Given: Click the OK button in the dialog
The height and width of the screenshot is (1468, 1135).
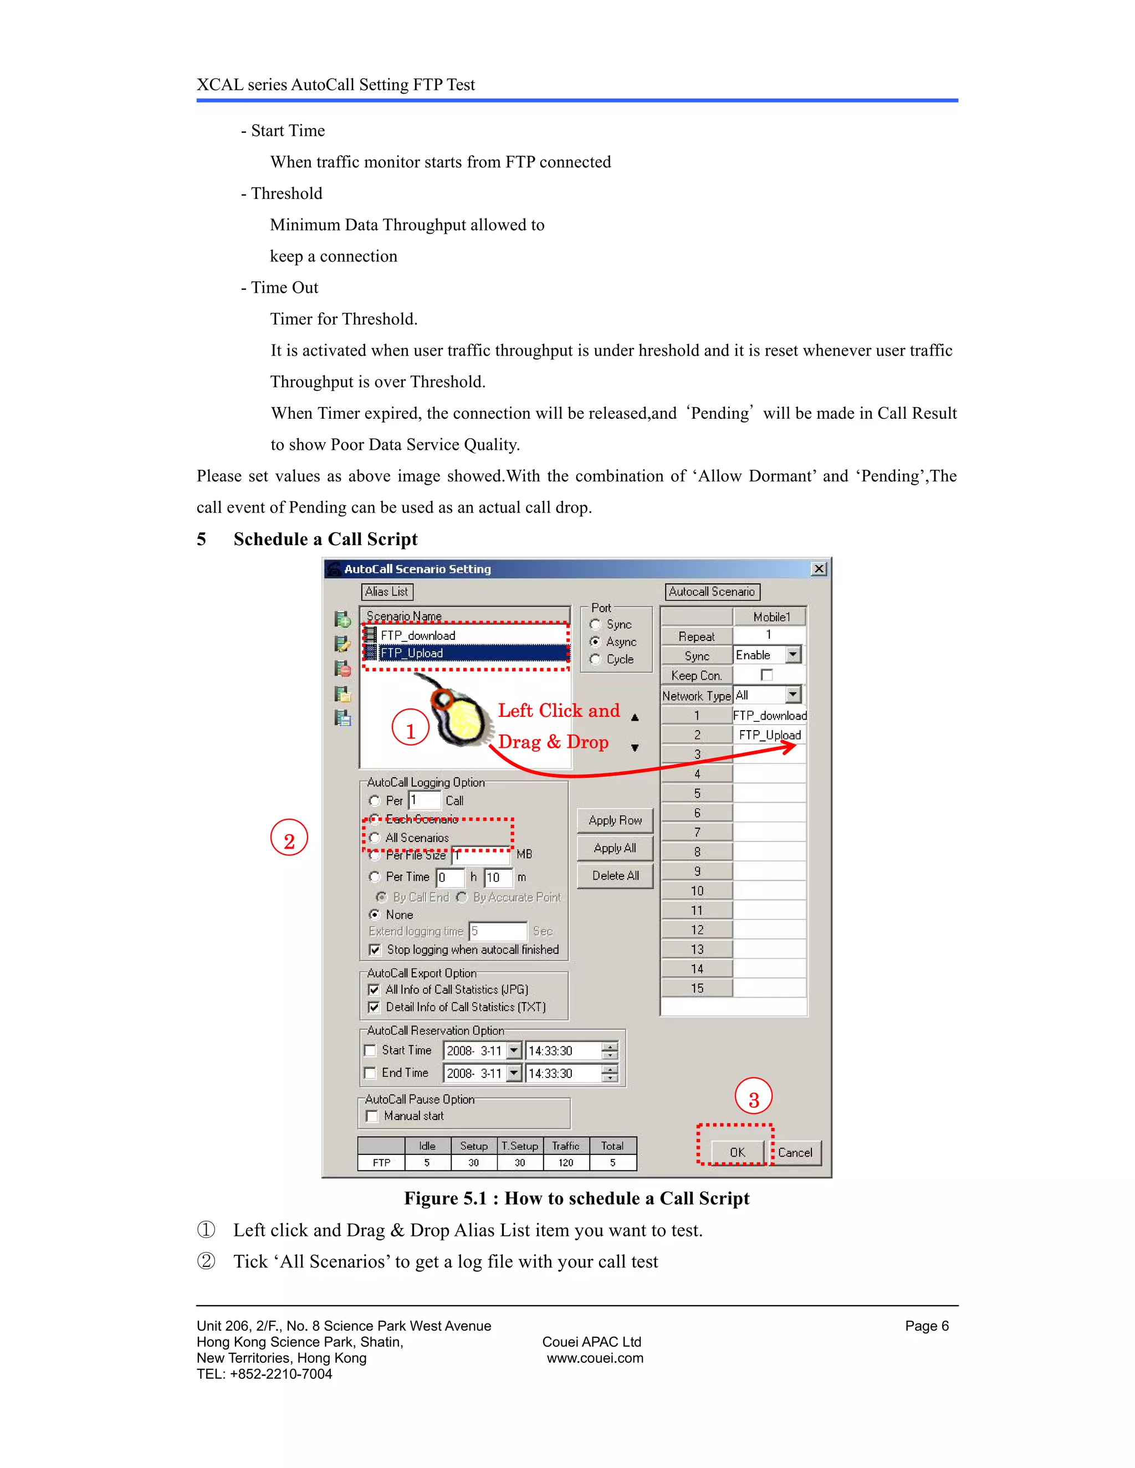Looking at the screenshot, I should coord(737,1152).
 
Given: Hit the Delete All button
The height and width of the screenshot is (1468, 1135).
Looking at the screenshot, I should coord(615,875).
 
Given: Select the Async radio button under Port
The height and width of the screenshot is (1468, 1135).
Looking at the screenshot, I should coord(595,642).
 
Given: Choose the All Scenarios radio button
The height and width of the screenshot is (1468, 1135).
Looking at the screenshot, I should coord(375,838).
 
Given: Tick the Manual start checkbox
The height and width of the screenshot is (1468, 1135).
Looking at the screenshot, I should coord(372,1116).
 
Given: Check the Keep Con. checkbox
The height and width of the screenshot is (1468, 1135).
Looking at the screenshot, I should coord(766,675).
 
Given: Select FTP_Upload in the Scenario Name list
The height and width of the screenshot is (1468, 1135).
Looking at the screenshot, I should coord(412,653).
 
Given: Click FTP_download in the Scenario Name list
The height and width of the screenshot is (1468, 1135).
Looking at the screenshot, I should coord(417,635).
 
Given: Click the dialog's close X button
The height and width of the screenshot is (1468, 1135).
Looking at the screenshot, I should coord(819,569).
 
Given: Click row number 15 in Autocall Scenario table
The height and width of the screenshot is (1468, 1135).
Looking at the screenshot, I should coord(697,988).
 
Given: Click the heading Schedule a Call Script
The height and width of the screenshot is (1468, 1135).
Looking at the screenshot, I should coord(325,539).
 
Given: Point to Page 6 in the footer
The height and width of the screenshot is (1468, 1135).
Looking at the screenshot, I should coord(926,1326).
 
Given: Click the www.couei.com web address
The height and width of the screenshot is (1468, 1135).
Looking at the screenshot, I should coord(595,1358).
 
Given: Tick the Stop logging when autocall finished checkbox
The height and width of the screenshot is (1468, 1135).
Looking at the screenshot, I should coord(375,949).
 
